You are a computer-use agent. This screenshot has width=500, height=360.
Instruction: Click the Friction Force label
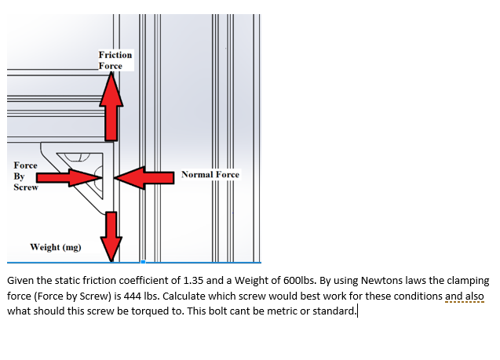point(115,61)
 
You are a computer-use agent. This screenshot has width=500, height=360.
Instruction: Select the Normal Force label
point(210,174)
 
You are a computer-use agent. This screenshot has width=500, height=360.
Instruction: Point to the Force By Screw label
point(25,176)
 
